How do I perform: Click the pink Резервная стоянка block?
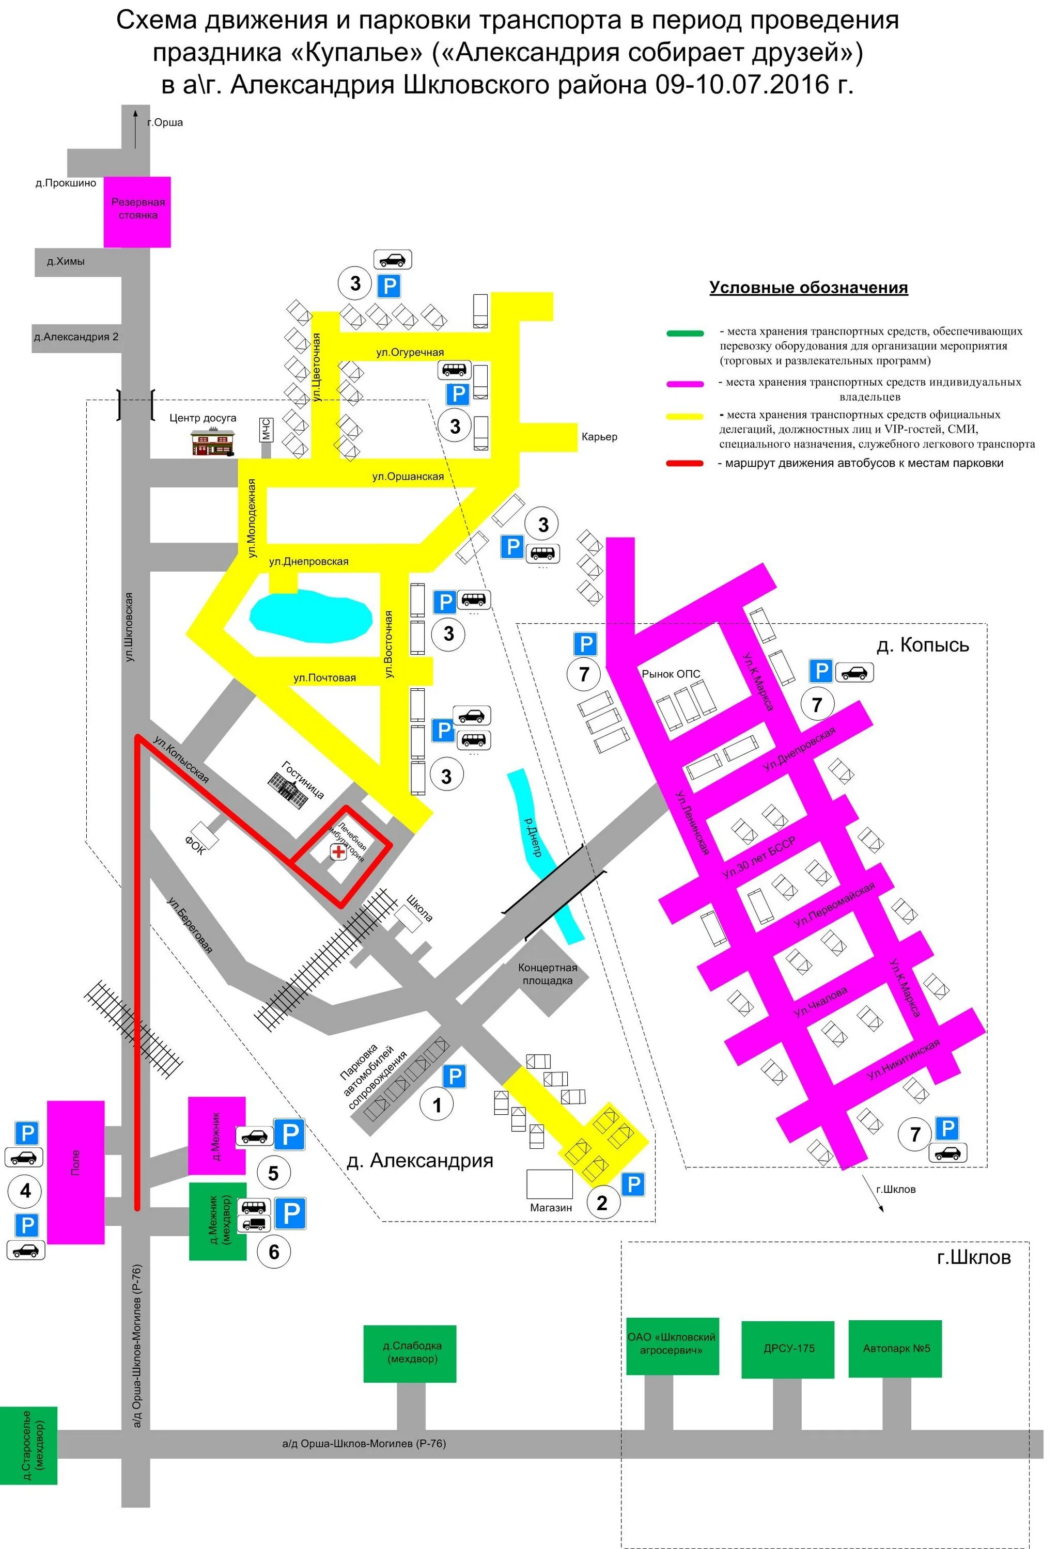pos(137,211)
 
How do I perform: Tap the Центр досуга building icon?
pos(213,442)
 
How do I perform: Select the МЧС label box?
pos(266,430)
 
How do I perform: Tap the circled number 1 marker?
pos(437,1105)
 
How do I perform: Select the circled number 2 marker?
pos(602,1203)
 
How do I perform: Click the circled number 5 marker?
pos(273,1173)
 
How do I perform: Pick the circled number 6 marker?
pos(273,1251)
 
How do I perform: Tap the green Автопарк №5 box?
pos(895,1348)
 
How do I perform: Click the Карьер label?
pos(599,437)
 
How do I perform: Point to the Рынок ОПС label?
pos(671,674)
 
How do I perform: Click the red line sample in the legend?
pos(684,463)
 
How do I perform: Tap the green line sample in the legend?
pos(684,333)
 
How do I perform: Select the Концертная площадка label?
pos(547,974)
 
